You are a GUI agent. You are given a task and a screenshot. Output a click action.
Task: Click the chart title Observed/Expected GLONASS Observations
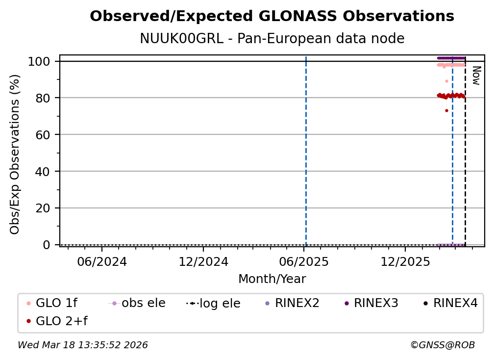click(272, 16)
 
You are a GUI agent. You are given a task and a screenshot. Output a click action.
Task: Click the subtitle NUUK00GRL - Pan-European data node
click(272, 38)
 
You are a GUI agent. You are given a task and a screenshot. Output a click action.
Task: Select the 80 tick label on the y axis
click(43, 98)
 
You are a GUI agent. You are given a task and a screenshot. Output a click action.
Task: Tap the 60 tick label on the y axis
click(43, 134)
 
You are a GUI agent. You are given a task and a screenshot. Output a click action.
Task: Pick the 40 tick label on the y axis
click(43, 172)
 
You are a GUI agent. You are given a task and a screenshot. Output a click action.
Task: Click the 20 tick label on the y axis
click(43, 208)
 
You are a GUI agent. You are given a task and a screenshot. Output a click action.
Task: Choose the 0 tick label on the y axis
click(47, 245)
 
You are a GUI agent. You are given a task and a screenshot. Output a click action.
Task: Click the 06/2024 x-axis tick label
click(102, 262)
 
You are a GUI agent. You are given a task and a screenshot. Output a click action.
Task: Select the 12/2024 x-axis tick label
click(203, 262)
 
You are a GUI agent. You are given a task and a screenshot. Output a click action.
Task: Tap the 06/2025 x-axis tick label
click(304, 262)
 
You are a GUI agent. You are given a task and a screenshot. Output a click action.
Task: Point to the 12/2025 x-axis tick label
click(405, 262)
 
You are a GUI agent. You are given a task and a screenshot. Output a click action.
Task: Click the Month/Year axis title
click(272, 279)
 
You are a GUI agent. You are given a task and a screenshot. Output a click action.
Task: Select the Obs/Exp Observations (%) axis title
click(15, 154)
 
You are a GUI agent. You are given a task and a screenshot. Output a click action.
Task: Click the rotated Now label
click(476, 76)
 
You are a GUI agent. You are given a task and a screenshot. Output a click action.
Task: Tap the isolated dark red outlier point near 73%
click(446, 111)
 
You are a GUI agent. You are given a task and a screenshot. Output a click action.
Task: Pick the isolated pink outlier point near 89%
click(446, 81)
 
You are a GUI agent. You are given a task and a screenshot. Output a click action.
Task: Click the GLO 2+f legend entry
click(57, 321)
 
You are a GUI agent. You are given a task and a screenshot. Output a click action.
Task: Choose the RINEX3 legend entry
click(371, 303)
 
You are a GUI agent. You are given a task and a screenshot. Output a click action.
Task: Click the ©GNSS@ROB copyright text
click(443, 345)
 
